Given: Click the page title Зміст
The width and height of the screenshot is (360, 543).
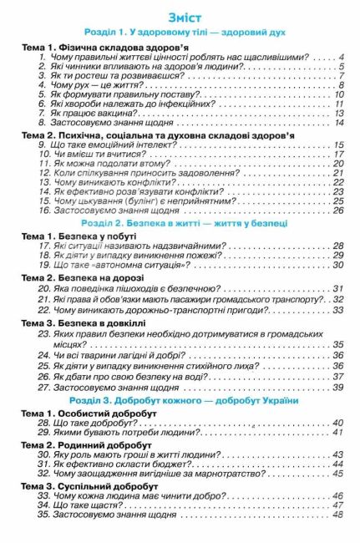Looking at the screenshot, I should tap(180, 18).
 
